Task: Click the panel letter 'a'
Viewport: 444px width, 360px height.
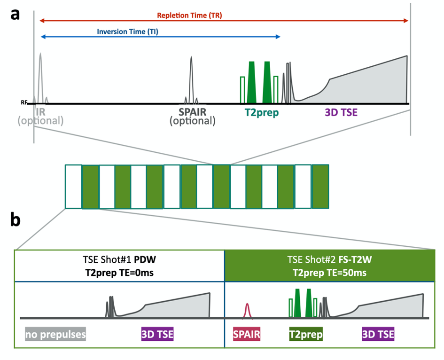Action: point(16,14)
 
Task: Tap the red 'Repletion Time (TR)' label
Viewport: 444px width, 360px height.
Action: point(189,16)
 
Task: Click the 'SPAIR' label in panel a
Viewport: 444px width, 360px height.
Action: point(192,112)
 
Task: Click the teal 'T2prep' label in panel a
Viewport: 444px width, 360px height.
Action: point(261,113)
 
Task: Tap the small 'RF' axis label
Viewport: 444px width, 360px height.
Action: point(24,102)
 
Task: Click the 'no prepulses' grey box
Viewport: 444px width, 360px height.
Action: point(55,335)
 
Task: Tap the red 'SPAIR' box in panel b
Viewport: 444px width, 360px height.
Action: point(247,335)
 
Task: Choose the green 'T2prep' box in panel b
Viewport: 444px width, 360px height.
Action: point(305,335)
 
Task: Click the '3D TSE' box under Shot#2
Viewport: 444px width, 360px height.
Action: point(378,335)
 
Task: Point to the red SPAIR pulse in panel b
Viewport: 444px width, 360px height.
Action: point(247,311)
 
